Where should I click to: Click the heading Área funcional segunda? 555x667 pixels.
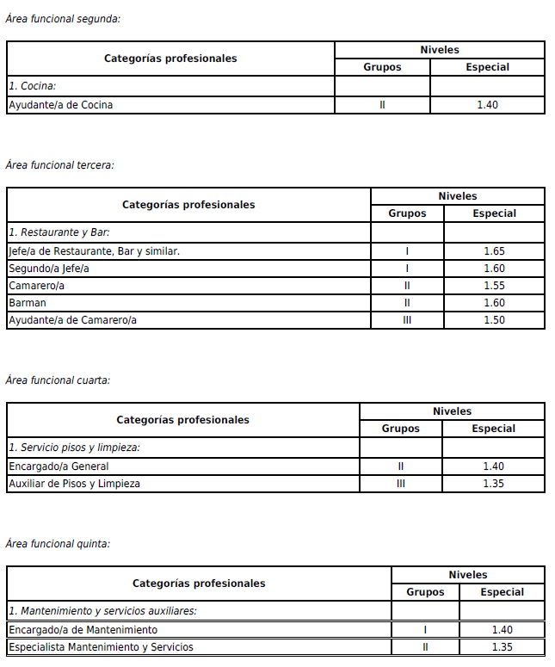pos(63,17)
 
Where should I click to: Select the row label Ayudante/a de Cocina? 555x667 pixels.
pos(60,105)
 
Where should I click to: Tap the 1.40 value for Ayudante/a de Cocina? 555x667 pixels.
pos(487,105)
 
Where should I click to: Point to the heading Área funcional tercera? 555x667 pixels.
pos(59,164)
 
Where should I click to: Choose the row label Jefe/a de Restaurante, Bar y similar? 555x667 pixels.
pos(94,251)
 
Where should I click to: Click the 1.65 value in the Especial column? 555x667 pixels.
pos(494,251)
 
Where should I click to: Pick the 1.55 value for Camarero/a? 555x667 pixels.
pos(494,286)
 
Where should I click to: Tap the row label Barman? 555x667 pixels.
pos(28,303)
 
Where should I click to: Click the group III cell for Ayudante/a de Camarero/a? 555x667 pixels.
pos(407,320)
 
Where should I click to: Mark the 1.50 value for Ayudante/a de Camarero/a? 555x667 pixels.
pos(494,320)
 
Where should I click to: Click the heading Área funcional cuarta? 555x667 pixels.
pos(58,380)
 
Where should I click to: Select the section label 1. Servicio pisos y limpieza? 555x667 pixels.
pos(75,448)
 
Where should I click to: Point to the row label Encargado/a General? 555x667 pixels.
pos(59,466)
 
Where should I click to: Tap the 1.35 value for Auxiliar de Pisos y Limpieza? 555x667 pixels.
pos(493,484)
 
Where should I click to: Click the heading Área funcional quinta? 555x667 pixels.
pos(58,543)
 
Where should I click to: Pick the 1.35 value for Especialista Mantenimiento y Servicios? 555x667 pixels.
pos(502,647)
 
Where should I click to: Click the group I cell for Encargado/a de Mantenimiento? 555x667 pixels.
pos(425,630)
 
